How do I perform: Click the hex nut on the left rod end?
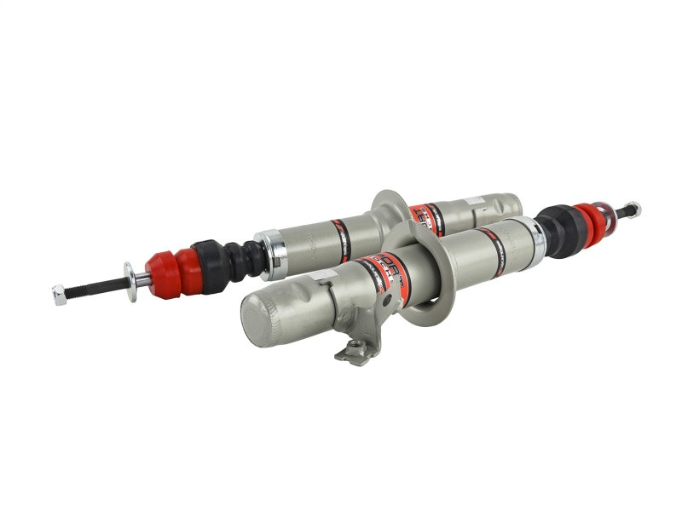tap(59, 294)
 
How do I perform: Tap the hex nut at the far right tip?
tap(632, 209)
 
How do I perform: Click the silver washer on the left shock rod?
tap(130, 281)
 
